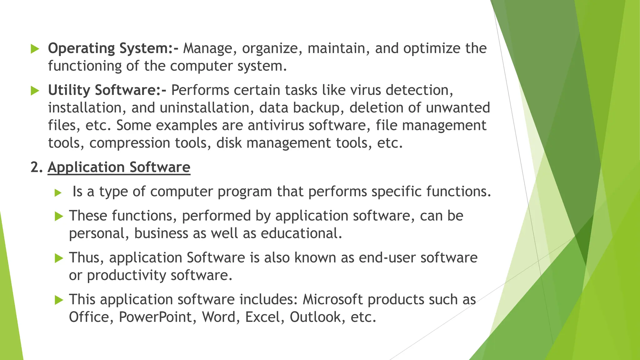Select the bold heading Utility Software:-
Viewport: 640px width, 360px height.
click(x=107, y=90)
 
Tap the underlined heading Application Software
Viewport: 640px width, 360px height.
click(x=119, y=167)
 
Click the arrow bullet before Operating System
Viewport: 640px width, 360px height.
click(x=35, y=49)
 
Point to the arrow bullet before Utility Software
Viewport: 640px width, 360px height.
click(x=35, y=91)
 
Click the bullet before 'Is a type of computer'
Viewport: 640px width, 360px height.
click(x=58, y=192)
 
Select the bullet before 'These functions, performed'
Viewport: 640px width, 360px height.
click(x=59, y=216)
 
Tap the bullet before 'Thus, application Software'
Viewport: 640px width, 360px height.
click(x=59, y=258)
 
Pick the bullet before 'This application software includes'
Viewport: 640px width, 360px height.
click(x=59, y=300)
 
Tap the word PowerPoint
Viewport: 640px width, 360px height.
click(x=157, y=317)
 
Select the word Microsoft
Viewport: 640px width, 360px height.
click(x=332, y=299)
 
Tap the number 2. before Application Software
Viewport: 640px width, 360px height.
click(x=36, y=167)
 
